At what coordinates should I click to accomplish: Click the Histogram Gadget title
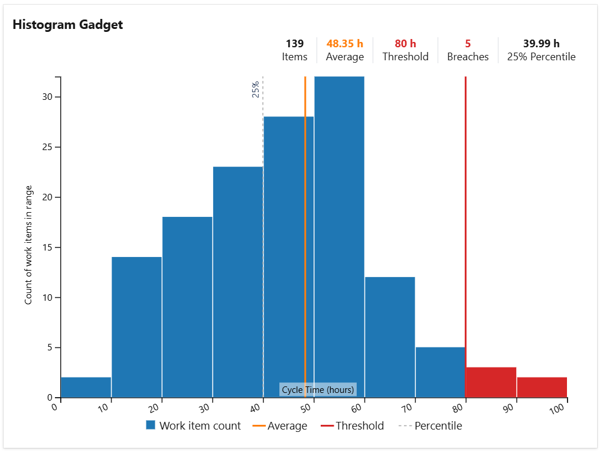click(x=67, y=25)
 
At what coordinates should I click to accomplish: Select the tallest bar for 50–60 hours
click(x=339, y=236)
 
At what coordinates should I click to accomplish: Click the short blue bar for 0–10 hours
click(x=86, y=387)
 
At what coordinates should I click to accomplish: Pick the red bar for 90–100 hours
click(x=542, y=387)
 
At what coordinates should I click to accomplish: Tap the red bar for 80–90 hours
click(x=491, y=382)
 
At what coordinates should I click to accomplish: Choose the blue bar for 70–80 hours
click(x=440, y=372)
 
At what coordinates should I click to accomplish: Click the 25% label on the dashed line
click(x=256, y=89)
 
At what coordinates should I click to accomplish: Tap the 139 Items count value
click(x=294, y=44)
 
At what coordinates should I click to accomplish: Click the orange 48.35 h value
click(x=345, y=44)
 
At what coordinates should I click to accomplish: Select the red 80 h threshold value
click(x=405, y=44)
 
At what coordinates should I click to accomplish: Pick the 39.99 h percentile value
click(x=541, y=44)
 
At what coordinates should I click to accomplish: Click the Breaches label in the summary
click(x=468, y=57)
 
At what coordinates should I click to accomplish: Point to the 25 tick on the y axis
click(x=53, y=147)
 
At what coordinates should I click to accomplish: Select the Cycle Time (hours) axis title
click(x=318, y=389)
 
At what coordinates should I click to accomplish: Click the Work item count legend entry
click(x=193, y=425)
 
